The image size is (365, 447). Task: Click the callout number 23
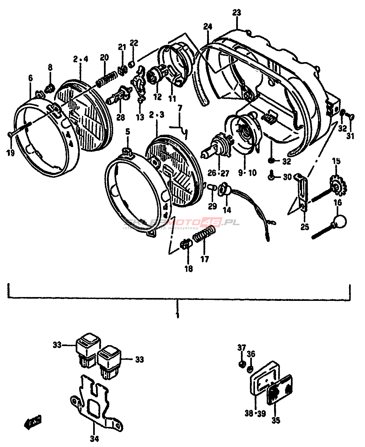coord(237,13)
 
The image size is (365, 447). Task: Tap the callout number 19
coord(10,153)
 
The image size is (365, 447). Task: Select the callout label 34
coord(94,439)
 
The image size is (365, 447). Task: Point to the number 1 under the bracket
coord(177,316)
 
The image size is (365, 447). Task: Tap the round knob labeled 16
coord(339,221)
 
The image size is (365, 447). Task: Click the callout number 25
coord(305,227)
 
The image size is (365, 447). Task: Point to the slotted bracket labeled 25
coord(303,191)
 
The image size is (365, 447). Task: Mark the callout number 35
coord(276,421)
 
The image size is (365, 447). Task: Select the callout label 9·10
coord(247,173)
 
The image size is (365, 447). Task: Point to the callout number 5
coord(127,131)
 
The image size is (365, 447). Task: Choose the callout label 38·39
coord(255,413)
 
